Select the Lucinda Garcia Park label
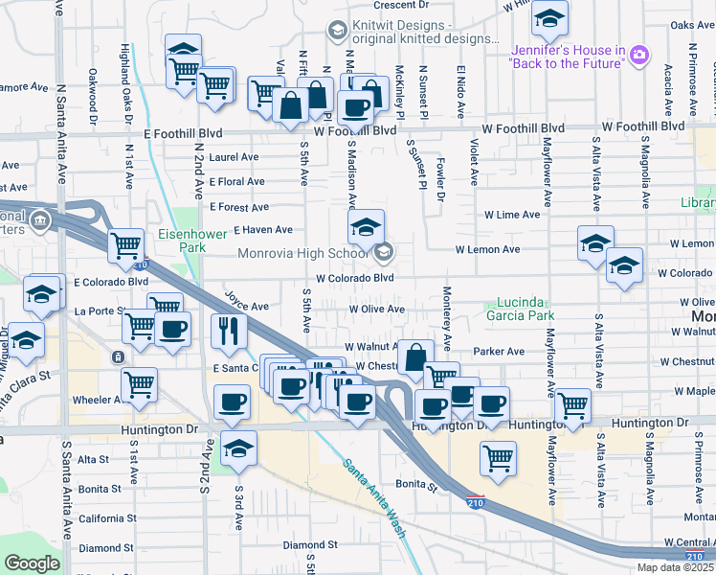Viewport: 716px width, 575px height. pyautogui.click(x=526, y=309)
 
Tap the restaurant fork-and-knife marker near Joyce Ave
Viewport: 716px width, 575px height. pyautogui.click(x=229, y=330)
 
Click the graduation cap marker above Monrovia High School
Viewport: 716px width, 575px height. pyautogui.click(x=365, y=227)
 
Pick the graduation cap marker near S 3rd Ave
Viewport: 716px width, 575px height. pyautogui.click(x=238, y=448)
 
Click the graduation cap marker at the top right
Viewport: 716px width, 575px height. pyautogui.click(x=549, y=17)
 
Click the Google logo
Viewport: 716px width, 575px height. pyautogui.click(x=32, y=563)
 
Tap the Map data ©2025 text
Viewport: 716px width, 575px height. pyautogui.click(x=674, y=567)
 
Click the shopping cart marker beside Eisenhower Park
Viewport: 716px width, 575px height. pyautogui.click(x=127, y=246)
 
